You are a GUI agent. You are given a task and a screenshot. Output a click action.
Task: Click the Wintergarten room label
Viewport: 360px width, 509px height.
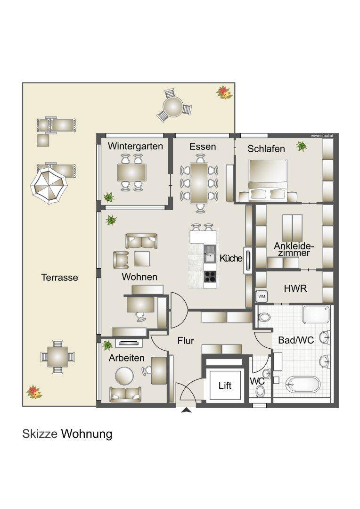[x=135, y=146]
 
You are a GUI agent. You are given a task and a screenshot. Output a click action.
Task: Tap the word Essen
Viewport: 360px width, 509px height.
[x=203, y=147]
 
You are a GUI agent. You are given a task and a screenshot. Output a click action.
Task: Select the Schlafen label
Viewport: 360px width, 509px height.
[x=266, y=149]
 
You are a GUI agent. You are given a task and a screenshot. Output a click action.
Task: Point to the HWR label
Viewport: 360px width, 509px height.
[x=295, y=288]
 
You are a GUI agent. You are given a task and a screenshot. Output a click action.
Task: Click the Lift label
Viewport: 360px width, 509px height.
[x=225, y=386]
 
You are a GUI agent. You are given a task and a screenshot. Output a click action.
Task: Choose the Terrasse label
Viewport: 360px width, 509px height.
[x=59, y=278]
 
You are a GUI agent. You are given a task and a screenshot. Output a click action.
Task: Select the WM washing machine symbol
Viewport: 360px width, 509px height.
[x=262, y=296]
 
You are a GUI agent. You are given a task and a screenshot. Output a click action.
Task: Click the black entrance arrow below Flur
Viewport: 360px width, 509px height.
[x=187, y=410]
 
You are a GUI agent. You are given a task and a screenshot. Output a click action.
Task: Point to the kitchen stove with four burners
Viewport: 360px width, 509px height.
[x=210, y=277]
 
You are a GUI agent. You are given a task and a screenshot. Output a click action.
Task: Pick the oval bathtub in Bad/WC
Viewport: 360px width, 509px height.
[x=303, y=384]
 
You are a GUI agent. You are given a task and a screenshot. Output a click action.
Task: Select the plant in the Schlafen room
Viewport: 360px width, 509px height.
[x=302, y=147]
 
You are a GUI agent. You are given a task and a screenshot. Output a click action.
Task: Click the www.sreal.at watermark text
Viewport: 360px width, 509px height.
[x=322, y=135]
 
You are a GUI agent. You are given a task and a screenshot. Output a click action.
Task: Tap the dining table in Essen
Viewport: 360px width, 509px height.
[x=199, y=182]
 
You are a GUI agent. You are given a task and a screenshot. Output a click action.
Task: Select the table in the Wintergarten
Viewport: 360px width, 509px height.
[x=131, y=173]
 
